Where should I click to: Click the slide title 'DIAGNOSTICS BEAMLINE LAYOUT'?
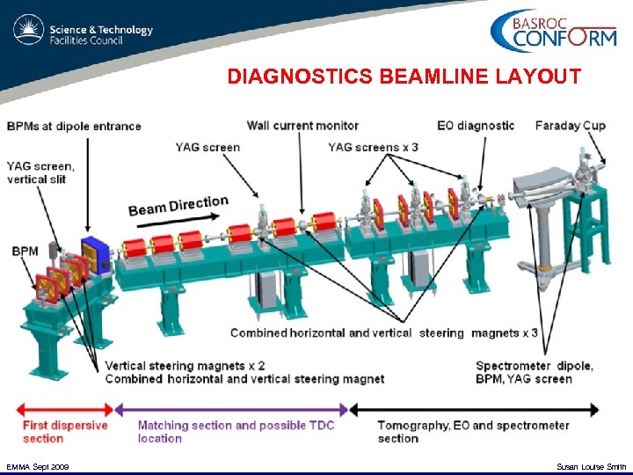coord(404,77)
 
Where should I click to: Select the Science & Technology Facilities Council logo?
coord(84,34)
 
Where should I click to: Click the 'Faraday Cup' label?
coord(570,126)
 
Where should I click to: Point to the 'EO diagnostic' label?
coord(476,126)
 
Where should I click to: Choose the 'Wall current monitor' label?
coord(302,126)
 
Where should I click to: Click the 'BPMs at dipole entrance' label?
coord(74,126)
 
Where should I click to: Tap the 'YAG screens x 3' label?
coord(373,147)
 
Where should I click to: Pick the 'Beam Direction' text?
coord(178,206)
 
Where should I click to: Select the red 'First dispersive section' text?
coord(65,431)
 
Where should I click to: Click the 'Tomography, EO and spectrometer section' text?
coord(473,431)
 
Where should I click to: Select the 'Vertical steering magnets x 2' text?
coord(185,366)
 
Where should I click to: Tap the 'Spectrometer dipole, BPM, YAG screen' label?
coord(534,372)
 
